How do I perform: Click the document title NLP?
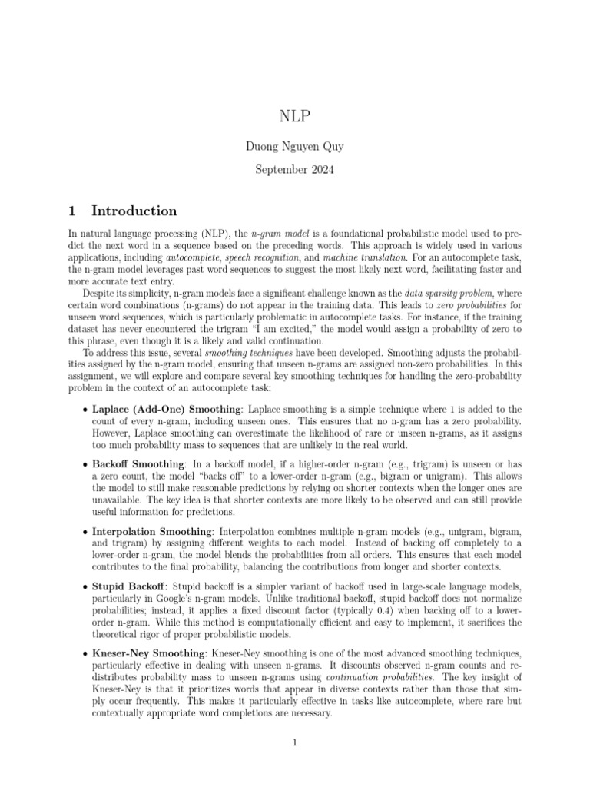[294, 117]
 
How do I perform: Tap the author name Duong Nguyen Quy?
[294, 145]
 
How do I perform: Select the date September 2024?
[294, 169]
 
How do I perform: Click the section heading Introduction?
[134, 211]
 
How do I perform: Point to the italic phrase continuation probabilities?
[372, 676]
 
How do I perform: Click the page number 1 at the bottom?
[294, 743]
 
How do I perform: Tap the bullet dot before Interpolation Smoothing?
[85, 532]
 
